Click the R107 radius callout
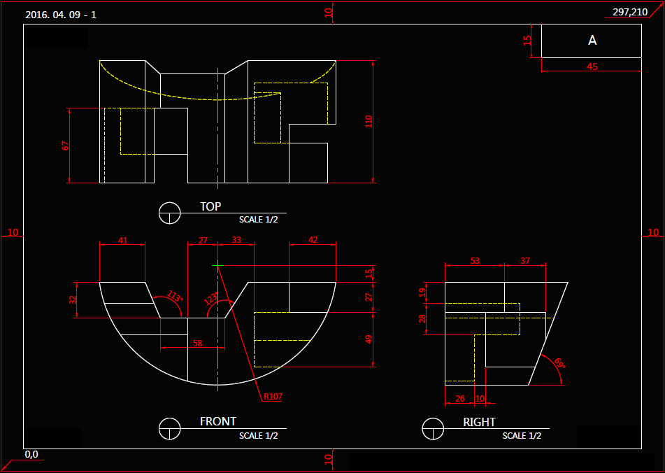tap(273, 397)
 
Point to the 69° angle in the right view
tap(559, 363)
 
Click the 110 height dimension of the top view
tap(369, 121)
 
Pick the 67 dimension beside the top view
tap(66, 146)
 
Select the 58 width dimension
tap(198, 344)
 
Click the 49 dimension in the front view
tap(369, 339)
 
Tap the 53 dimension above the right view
tap(475, 261)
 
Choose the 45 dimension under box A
tap(592, 66)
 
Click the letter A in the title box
tap(592, 41)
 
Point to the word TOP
tap(210, 206)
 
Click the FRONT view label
tap(218, 421)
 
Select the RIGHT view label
tap(479, 422)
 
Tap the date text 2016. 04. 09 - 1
tap(60, 14)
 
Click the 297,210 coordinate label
tap(629, 12)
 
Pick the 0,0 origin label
tap(32, 454)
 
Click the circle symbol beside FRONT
tap(170, 428)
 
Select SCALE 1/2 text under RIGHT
tap(522, 435)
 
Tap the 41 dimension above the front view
tap(122, 240)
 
